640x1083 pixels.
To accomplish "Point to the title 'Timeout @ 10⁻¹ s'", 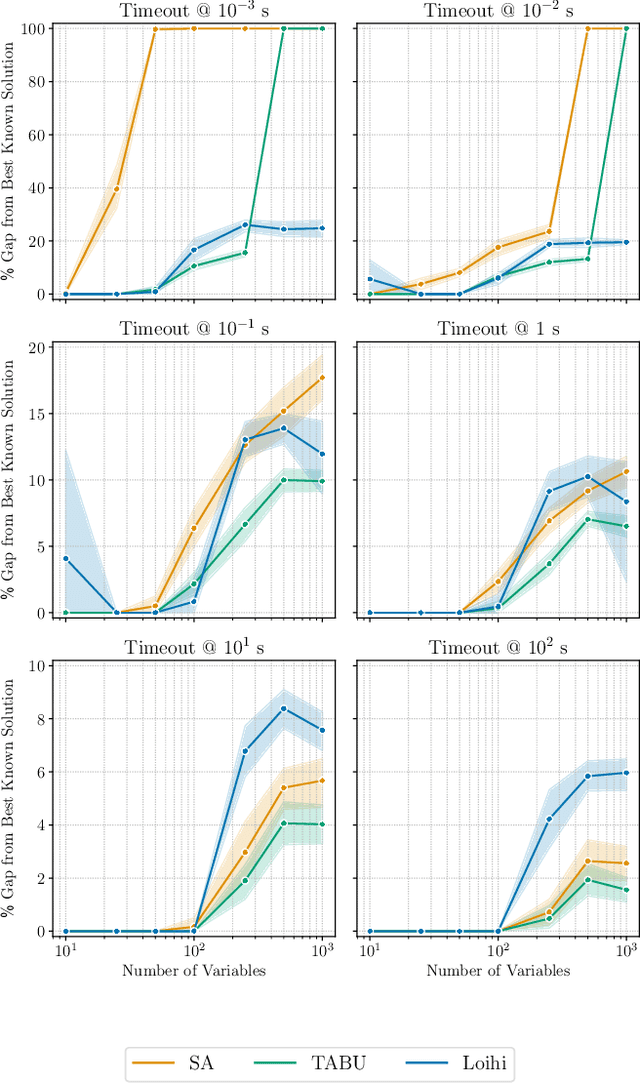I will pyautogui.click(x=194, y=329).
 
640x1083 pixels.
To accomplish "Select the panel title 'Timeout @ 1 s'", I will pyautogui.click(x=497, y=329).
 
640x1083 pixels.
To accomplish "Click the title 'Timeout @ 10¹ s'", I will pyautogui.click(x=194, y=647).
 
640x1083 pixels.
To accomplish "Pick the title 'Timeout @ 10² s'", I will pyautogui.click(x=497, y=647).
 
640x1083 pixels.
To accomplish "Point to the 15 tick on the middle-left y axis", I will pyautogui.click(x=36, y=413).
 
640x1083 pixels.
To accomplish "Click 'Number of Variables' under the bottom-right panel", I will pyautogui.click(x=497, y=970).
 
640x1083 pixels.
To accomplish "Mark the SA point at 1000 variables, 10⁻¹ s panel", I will pyautogui.click(x=322, y=378).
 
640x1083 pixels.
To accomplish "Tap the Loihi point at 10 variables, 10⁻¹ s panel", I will pyautogui.click(x=66, y=558).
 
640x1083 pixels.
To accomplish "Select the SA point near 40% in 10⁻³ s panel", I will pyautogui.click(x=117, y=189).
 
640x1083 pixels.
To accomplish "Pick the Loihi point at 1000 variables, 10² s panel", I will pyautogui.click(x=626, y=772).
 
